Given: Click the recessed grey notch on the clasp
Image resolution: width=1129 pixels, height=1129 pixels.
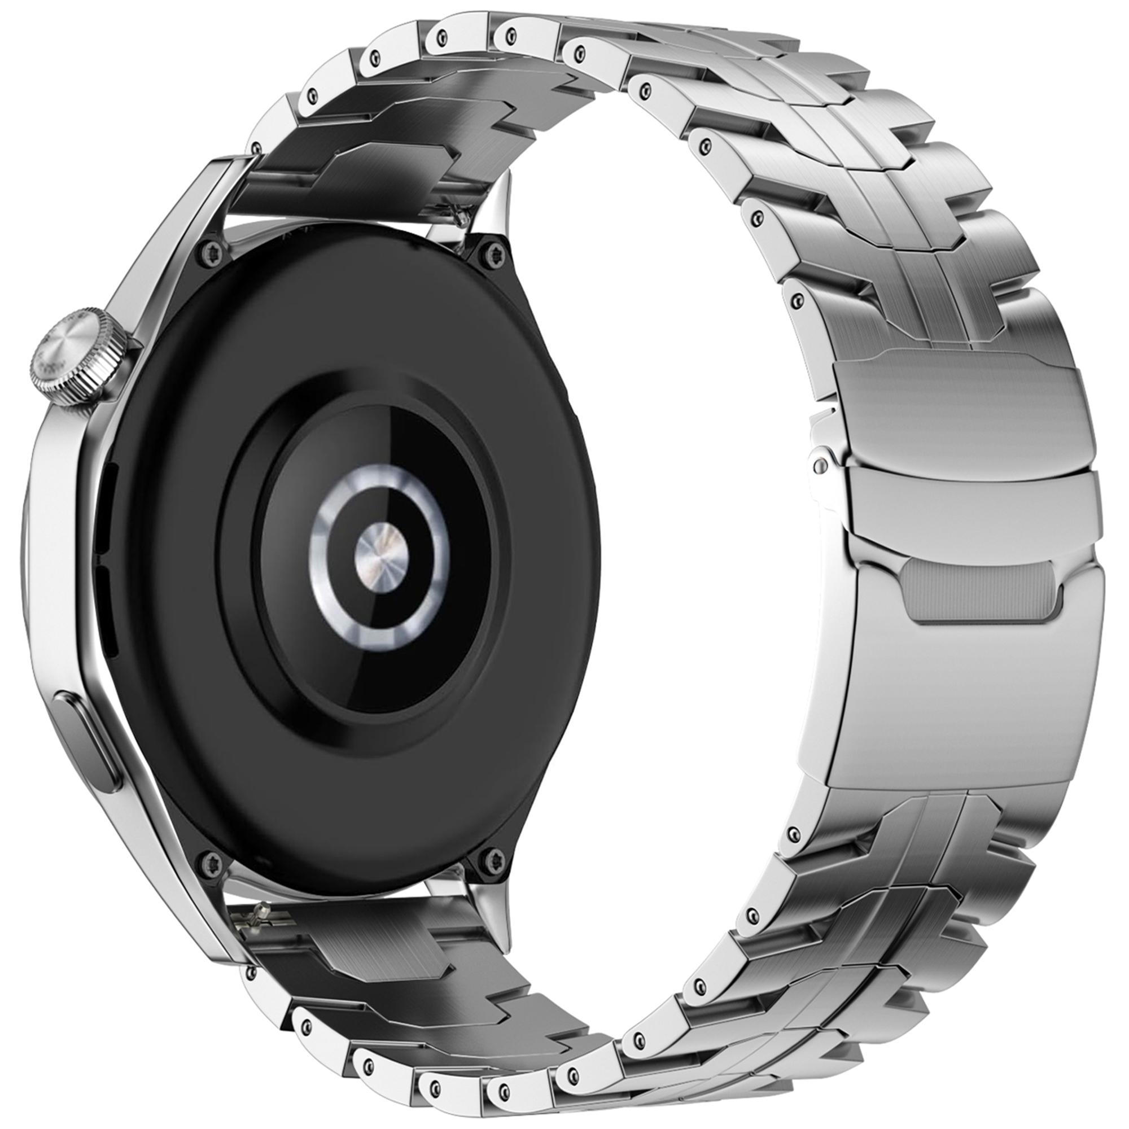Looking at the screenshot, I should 979,594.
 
